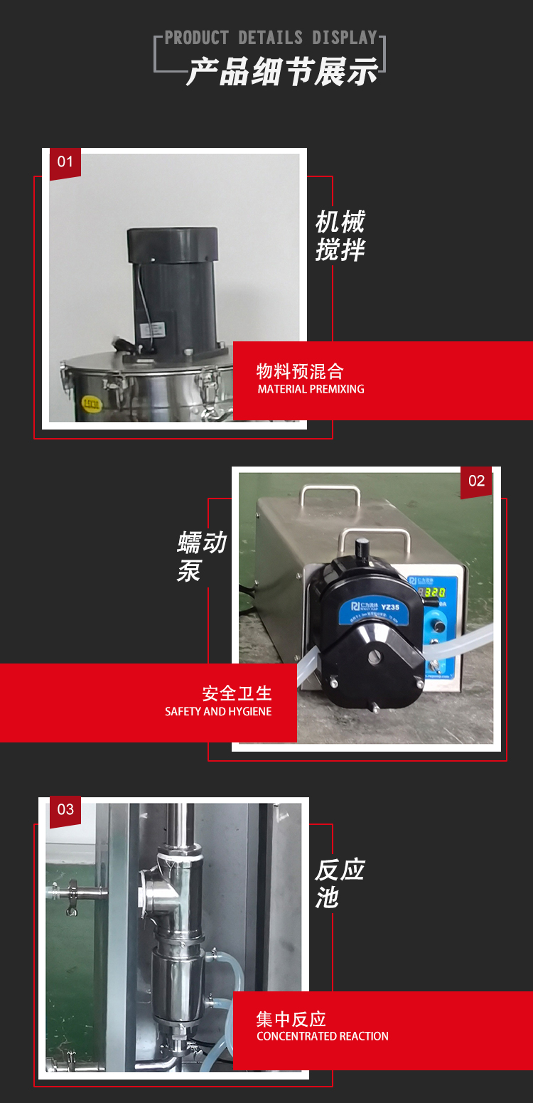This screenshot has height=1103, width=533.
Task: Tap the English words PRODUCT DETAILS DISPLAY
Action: click(x=271, y=38)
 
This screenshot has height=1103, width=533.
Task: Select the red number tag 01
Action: click(x=65, y=162)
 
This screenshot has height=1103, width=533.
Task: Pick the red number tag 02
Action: click(x=476, y=481)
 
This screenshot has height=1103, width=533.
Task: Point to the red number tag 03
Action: click(x=65, y=809)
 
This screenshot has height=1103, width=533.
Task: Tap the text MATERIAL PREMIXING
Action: click(x=311, y=389)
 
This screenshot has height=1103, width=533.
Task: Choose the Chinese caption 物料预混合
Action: click(x=300, y=371)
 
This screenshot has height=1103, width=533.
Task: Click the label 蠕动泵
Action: click(x=200, y=556)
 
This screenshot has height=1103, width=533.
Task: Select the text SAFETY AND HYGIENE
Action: click(x=218, y=711)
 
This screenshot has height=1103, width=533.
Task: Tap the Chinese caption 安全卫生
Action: click(x=237, y=693)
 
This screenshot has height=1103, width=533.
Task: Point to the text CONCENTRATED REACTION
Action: click(x=323, y=1036)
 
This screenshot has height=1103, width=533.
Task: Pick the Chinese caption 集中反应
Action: click(x=291, y=1019)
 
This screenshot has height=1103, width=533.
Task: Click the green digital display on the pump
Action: click(x=435, y=592)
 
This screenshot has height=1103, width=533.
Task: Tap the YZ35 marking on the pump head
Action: click(x=390, y=607)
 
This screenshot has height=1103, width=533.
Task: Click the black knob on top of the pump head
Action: click(x=362, y=548)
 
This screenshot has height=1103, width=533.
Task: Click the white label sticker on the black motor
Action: click(x=153, y=330)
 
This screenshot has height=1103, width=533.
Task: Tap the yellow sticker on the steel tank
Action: click(x=92, y=403)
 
